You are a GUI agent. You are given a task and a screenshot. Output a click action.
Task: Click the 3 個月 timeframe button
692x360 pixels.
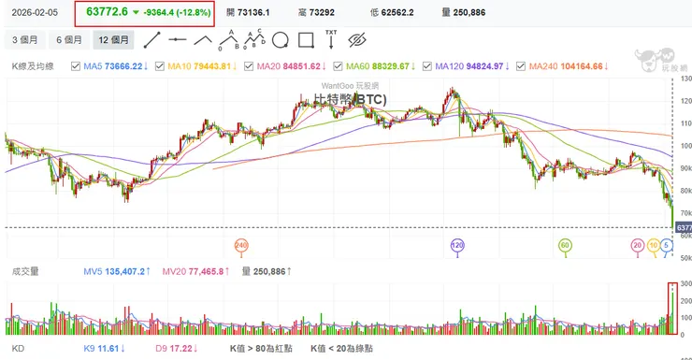25,40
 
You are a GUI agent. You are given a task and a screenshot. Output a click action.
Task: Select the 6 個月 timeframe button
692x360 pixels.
68,40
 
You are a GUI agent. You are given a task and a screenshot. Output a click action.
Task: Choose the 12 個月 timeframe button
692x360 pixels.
114,40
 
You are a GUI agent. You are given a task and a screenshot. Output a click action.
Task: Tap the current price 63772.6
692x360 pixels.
106,11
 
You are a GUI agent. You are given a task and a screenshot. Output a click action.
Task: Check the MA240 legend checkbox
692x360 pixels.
523,66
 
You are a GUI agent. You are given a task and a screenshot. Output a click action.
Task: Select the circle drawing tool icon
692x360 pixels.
279,40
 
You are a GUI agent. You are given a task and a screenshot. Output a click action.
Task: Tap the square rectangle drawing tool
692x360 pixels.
304,40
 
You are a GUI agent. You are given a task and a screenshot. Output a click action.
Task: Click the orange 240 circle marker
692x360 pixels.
242,245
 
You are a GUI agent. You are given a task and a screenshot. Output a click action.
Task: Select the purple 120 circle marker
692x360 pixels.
457,245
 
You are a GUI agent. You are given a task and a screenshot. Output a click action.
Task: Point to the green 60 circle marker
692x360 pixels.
565,245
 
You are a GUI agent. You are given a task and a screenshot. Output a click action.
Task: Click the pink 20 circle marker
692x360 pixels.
638,245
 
